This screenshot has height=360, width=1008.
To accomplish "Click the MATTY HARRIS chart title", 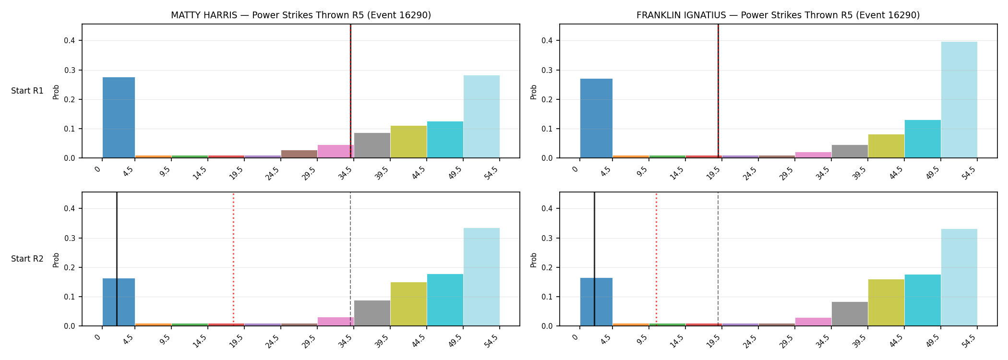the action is tap(301, 15).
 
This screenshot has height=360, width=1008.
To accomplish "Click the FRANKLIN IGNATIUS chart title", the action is tap(778, 15).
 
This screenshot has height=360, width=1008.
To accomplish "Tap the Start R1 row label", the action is tap(27, 91).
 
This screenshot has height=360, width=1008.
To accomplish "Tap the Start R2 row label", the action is tap(27, 259).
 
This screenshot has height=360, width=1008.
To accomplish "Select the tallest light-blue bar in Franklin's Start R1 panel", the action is tap(959, 100).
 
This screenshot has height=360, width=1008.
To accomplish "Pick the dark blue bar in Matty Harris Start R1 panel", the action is tap(119, 118).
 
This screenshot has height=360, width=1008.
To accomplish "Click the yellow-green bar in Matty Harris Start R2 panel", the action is tap(408, 304).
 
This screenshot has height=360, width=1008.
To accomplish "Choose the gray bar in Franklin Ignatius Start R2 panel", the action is tap(850, 314).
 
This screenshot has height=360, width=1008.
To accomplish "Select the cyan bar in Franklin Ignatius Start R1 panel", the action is tap(923, 139).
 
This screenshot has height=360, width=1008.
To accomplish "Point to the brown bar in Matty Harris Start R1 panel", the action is tap(299, 154).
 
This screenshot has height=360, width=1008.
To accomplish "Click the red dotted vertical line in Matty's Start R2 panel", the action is tap(233, 259).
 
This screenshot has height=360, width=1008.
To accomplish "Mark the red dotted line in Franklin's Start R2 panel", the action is tap(656, 259).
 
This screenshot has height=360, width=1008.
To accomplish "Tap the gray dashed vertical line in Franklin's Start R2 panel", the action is tap(718, 259).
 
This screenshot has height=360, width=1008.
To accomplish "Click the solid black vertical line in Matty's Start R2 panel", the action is tap(117, 259).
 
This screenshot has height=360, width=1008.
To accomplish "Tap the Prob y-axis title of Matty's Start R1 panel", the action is tap(56, 92).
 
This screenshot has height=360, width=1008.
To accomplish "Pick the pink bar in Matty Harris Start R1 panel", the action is tap(336, 151).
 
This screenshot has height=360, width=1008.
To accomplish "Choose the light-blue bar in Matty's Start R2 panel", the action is tap(481, 277).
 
